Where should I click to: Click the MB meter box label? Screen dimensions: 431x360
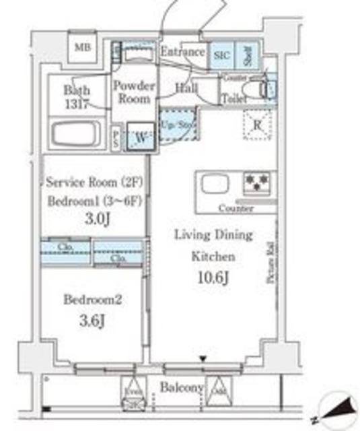tap(81, 47)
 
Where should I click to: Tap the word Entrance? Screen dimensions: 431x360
tap(182, 52)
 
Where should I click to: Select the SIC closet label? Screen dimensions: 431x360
tap(221, 55)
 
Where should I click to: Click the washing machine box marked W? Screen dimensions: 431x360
tap(141, 135)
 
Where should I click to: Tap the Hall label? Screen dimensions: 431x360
tap(186, 87)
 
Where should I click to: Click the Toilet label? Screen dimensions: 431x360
tap(234, 98)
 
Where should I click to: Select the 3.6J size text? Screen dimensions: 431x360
tap(92, 321)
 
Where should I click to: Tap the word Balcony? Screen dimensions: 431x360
tap(181, 389)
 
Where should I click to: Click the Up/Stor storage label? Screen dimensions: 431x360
tap(177, 124)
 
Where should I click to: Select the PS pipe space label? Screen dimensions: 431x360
tap(116, 138)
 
